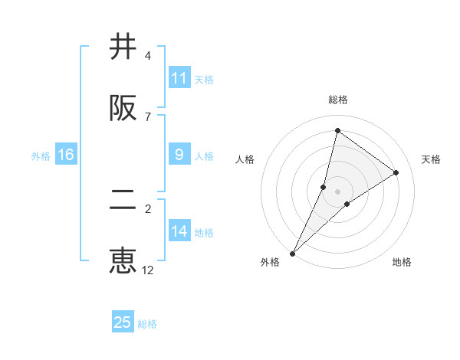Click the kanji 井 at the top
tap(123, 47)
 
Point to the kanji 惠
tap(123, 260)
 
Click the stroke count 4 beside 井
tap(147, 56)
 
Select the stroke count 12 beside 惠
tap(148, 270)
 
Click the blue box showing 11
tap(179, 78)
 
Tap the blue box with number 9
tap(179, 155)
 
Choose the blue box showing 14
tap(179, 231)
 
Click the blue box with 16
tap(66, 155)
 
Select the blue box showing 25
tap(123, 322)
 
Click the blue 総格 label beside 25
tap(147, 324)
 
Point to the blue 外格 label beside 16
tap(41, 156)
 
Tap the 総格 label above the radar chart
tap(338, 100)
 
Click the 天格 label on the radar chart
tap(431, 159)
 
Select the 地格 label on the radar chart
tap(402, 262)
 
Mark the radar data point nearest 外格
tap(292, 253)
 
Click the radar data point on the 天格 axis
tap(396, 172)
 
